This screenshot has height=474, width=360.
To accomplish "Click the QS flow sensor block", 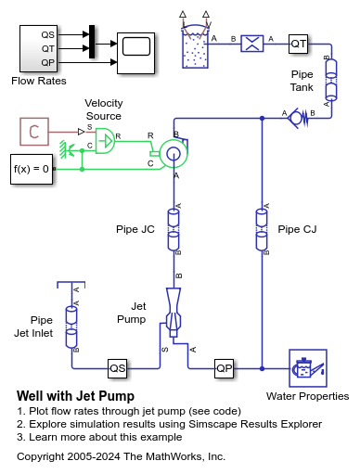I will coord(117,368).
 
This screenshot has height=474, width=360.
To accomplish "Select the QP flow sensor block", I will coord(225,368).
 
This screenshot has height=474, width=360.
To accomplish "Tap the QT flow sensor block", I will coord(298,44).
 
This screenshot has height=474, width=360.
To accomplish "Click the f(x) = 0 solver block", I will coord(31,170).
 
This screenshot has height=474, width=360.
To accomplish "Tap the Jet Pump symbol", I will coord(174,308).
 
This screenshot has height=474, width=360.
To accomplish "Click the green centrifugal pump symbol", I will coord(173,151).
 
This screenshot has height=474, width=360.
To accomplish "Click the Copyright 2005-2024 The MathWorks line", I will coord(121,456).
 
